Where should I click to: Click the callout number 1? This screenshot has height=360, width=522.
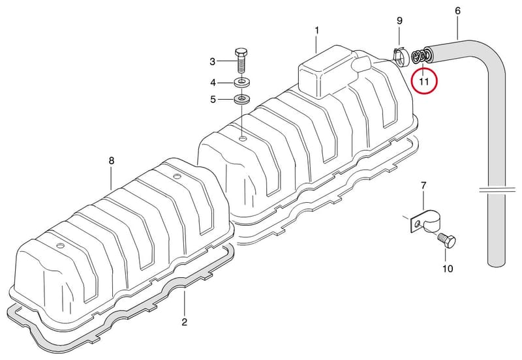(x=317, y=31)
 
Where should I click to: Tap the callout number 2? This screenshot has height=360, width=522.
(x=185, y=322)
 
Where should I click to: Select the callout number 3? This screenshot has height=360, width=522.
(x=213, y=61)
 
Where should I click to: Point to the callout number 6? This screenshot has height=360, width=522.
(x=458, y=11)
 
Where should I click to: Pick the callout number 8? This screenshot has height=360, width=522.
(x=112, y=160)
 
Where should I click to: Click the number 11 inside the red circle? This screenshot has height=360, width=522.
(x=423, y=82)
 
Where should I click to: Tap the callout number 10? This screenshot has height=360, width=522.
(x=448, y=269)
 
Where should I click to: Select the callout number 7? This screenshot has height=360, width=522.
(x=423, y=185)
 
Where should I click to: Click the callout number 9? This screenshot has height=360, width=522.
(x=399, y=21)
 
